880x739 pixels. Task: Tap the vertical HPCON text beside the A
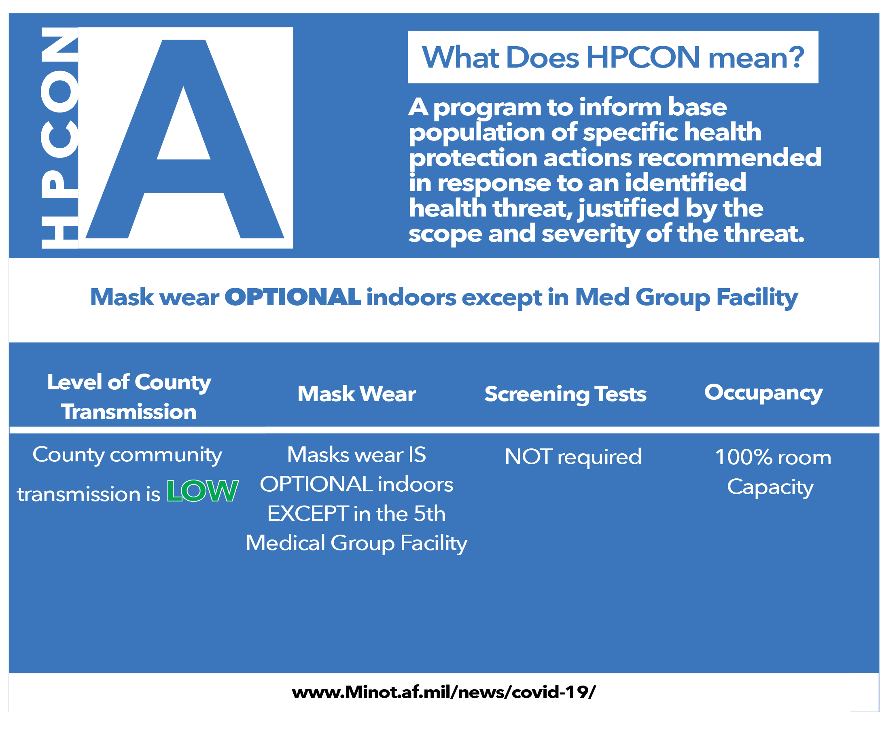pyautogui.click(x=59, y=138)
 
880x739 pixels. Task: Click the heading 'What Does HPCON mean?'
pyautogui.click(x=613, y=57)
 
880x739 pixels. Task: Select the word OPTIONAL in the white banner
pyautogui.click(x=293, y=297)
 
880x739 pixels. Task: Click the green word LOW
pyautogui.click(x=203, y=491)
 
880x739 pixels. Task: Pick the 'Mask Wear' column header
pyautogui.click(x=356, y=394)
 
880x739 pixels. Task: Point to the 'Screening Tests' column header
pyautogui.click(x=565, y=395)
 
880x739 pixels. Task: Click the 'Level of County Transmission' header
pyautogui.click(x=129, y=397)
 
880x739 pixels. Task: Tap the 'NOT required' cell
pyautogui.click(x=573, y=457)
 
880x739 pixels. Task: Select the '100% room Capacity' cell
pyautogui.click(x=773, y=472)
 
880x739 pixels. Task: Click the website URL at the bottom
pyautogui.click(x=444, y=692)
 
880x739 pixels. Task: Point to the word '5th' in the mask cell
pyautogui.click(x=429, y=514)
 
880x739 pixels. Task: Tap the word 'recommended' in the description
pyautogui.click(x=729, y=158)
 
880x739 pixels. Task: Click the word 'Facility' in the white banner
pyautogui.click(x=757, y=297)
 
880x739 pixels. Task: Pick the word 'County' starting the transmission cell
pyautogui.click(x=69, y=455)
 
